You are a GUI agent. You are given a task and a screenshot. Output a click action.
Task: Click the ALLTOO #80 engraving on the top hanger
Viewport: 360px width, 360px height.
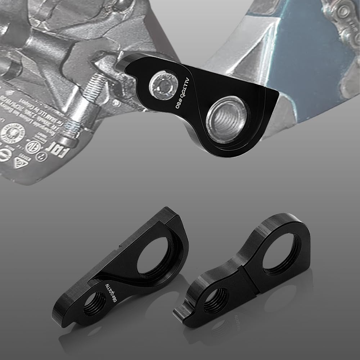[x=181, y=89]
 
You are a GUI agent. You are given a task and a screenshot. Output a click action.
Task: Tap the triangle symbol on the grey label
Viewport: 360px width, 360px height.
[x=19, y=162]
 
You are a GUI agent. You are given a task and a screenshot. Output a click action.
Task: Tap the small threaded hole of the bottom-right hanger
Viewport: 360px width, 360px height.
[x=215, y=301]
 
